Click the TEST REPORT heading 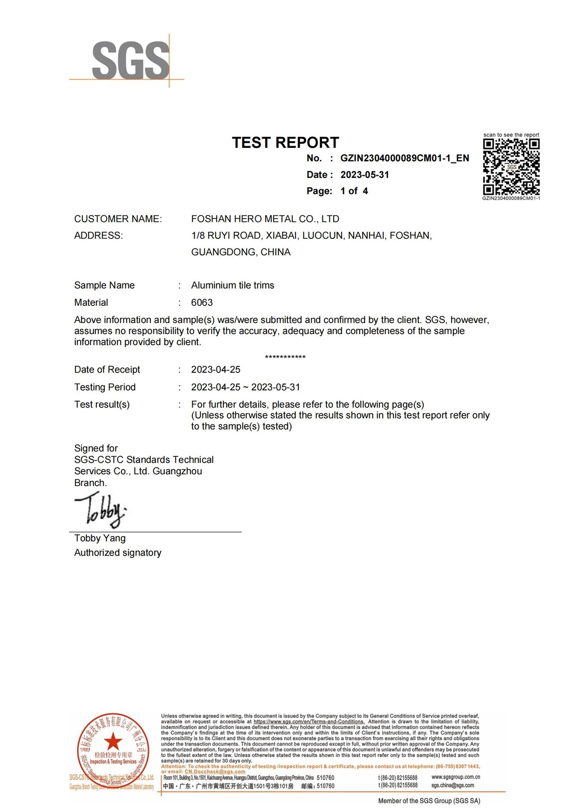(285, 143)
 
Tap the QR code (511, 166)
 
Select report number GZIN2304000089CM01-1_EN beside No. (404, 158)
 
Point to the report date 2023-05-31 (364, 175)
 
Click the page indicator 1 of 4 (354, 191)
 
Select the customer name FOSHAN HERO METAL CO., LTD (265, 219)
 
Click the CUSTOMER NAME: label (118, 219)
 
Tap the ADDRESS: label (98, 236)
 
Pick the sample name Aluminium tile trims (232, 285)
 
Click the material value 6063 (202, 303)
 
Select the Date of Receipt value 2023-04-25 (216, 370)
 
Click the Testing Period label (105, 387)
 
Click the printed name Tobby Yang (100, 538)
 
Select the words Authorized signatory (117, 553)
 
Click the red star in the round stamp (113, 741)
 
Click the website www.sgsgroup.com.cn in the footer (455, 777)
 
